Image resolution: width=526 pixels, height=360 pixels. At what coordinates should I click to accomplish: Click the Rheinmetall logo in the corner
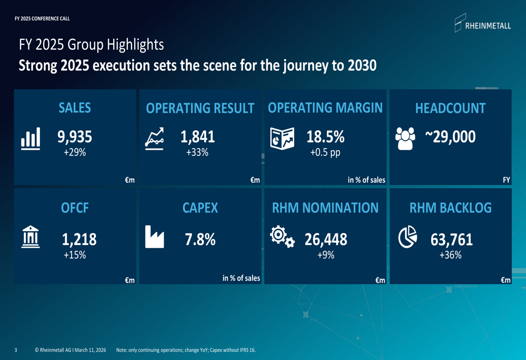(x=482, y=24)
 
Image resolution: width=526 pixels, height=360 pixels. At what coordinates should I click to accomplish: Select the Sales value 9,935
(x=75, y=137)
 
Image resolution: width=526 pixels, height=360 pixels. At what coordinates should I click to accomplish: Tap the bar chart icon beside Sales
(x=31, y=139)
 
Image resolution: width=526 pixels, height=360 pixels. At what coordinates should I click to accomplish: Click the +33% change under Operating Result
(x=197, y=152)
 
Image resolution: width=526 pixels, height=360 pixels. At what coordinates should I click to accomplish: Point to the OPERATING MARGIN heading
(x=325, y=108)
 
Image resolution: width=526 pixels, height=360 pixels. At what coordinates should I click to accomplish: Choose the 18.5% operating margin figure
(x=325, y=137)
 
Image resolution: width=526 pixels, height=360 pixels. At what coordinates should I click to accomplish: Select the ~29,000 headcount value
(x=450, y=137)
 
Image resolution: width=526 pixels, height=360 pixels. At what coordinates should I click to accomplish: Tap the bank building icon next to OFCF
(x=31, y=237)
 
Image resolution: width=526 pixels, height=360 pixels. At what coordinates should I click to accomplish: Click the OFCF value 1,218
(x=79, y=240)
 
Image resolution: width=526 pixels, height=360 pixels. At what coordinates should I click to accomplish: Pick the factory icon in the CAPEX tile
(x=155, y=237)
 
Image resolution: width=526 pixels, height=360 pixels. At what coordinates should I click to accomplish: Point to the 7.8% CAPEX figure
(x=200, y=240)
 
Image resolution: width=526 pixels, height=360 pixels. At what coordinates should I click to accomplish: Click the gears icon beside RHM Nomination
(x=282, y=237)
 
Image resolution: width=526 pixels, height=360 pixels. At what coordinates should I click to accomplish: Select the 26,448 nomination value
(x=326, y=240)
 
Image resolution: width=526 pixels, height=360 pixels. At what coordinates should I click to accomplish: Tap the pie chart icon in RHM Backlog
(x=408, y=237)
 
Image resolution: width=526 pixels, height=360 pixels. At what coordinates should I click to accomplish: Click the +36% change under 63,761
(x=450, y=255)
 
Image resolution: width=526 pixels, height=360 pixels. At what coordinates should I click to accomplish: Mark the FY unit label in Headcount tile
(x=506, y=180)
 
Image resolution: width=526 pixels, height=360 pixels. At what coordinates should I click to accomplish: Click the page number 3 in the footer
(x=16, y=350)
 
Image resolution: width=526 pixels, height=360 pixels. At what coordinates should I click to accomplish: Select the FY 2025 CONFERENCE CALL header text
(x=42, y=19)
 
